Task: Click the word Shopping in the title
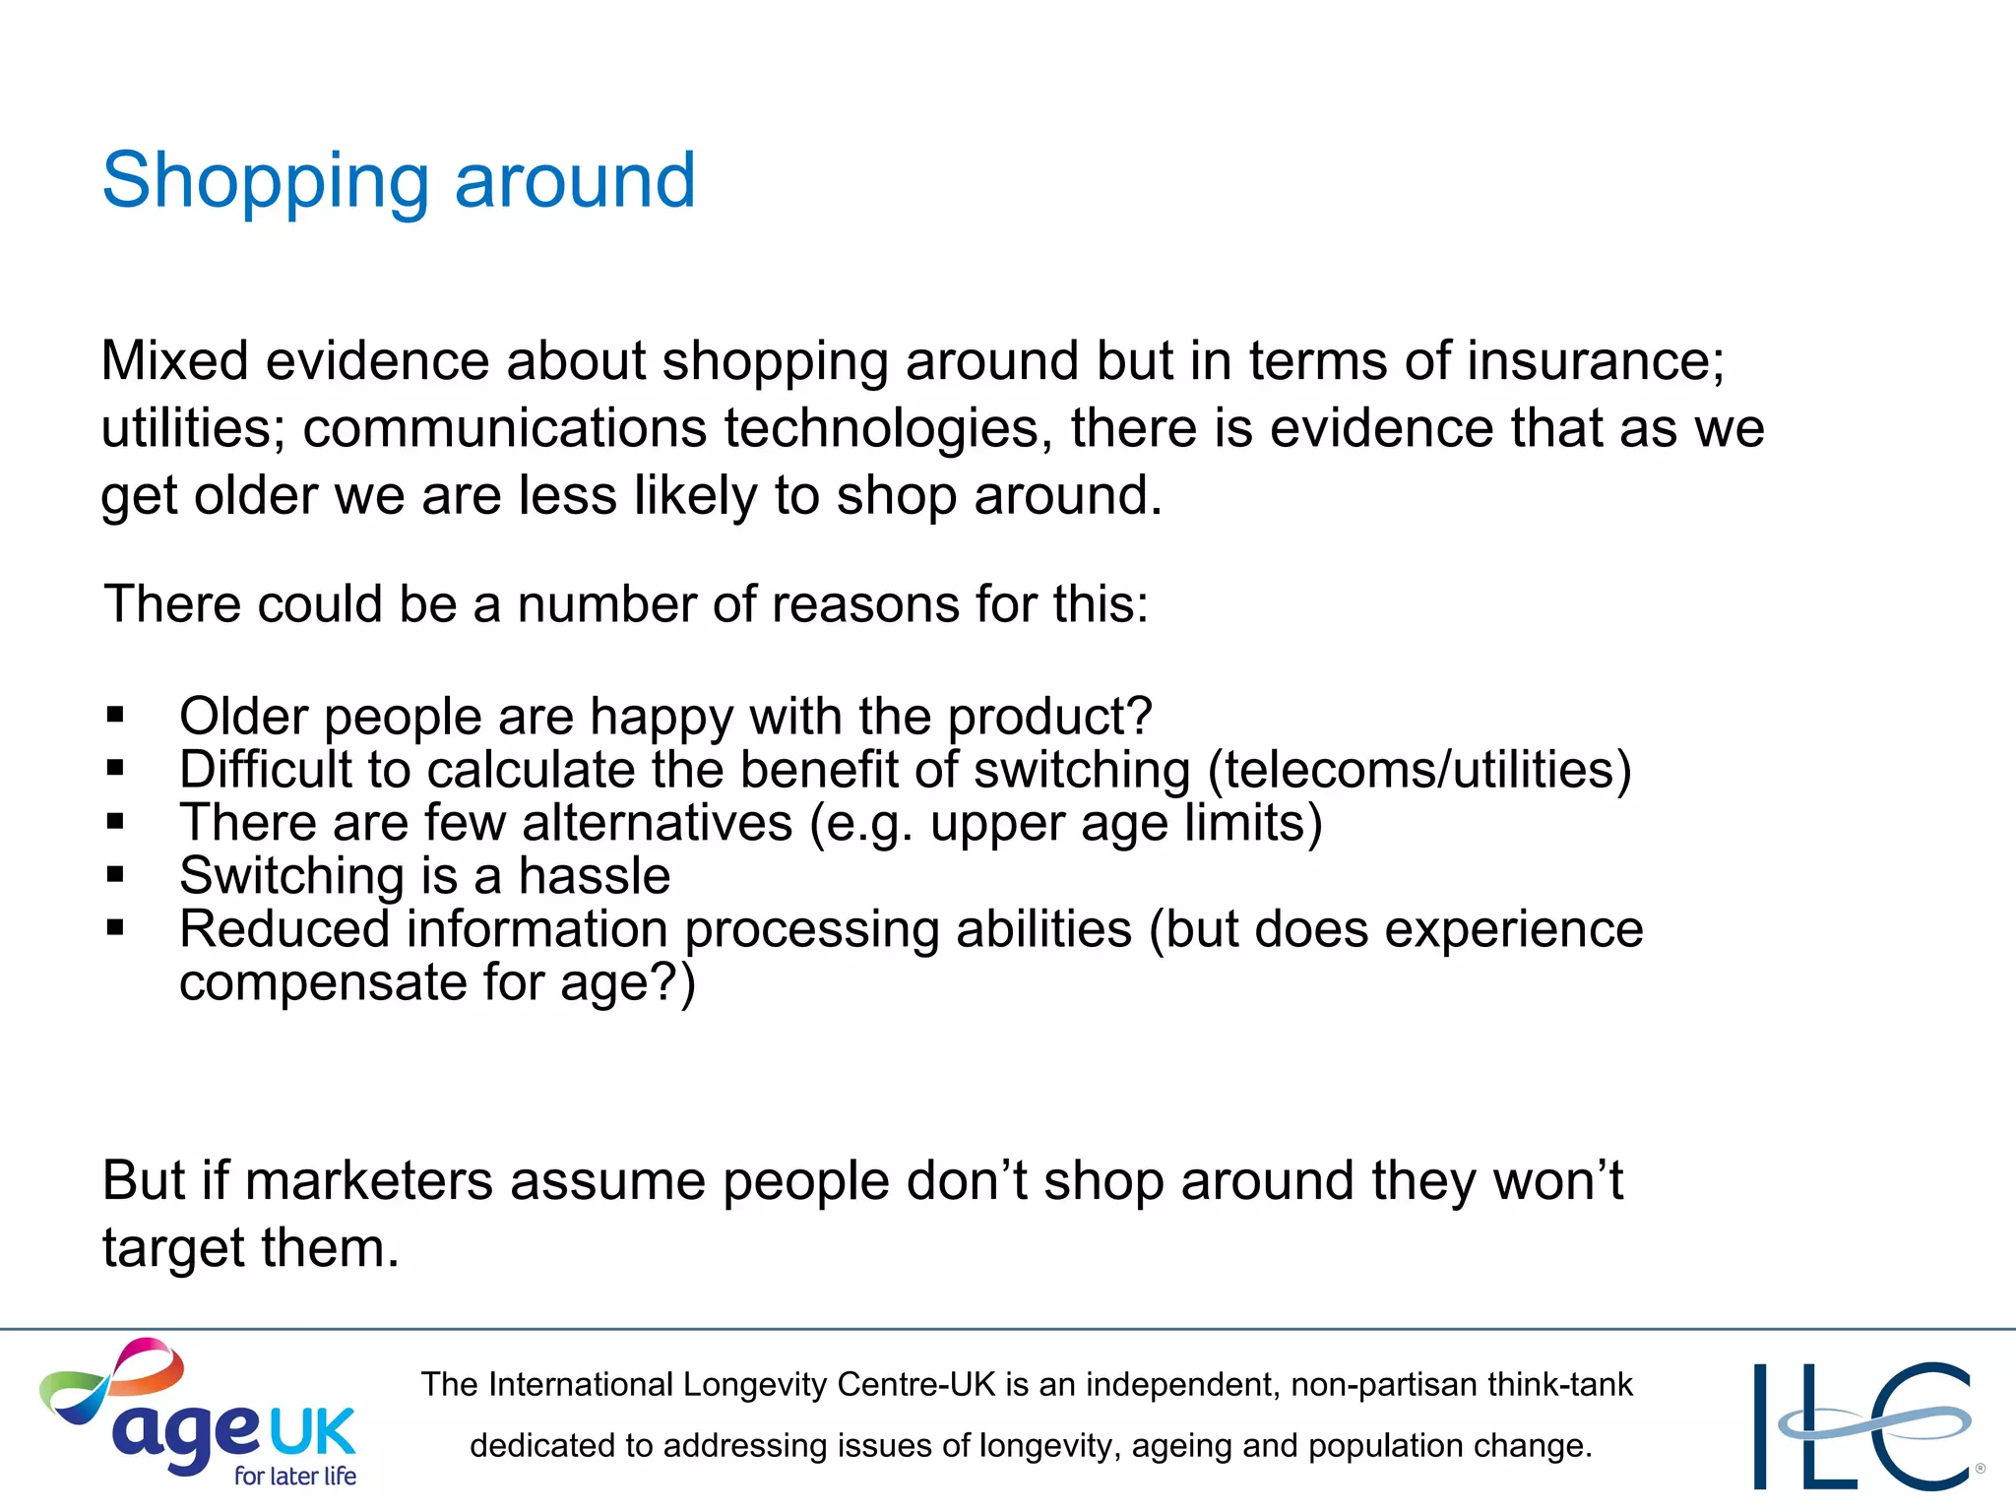[266, 183]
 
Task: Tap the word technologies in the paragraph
[882, 428]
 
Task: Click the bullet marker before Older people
[116, 715]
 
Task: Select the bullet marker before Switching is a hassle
[116, 874]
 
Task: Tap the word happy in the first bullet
[661, 718]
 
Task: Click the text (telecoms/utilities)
[1419, 770]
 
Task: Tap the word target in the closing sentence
[173, 1248]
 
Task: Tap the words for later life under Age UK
[294, 1476]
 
